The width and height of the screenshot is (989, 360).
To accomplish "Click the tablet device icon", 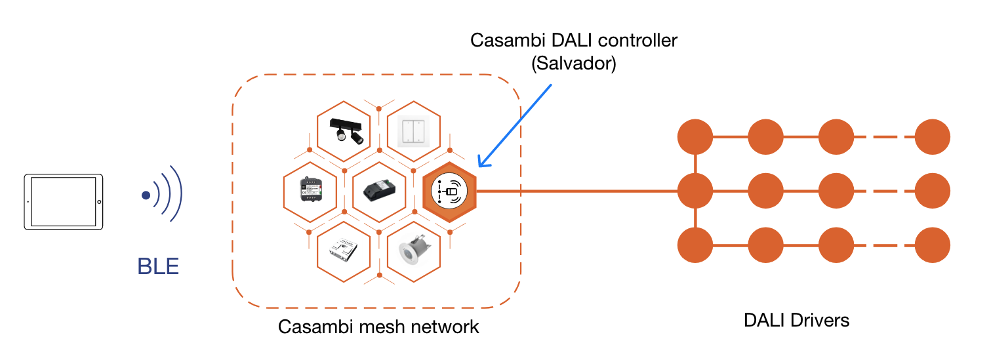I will [x=64, y=202].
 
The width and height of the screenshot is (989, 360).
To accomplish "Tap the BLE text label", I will [x=158, y=267].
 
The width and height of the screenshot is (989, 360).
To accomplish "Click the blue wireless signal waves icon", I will [x=162, y=195].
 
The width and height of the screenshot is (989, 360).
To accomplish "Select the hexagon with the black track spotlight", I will [x=344, y=131].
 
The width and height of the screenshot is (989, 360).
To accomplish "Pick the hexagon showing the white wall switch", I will [x=414, y=131].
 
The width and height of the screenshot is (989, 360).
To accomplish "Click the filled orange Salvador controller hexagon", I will [x=449, y=191].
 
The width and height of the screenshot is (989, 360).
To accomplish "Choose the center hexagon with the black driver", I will [x=379, y=191].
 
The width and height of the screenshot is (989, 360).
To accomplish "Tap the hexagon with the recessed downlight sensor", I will [x=414, y=252].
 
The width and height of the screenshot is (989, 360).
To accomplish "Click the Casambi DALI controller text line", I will [x=574, y=41].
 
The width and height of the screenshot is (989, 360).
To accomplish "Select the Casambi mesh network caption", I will [x=378, y=326].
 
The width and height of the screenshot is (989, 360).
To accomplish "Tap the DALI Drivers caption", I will [x=796, y=321].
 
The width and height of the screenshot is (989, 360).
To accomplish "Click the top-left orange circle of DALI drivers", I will [x=695, y=137].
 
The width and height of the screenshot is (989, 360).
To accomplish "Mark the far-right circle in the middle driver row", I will [x=932, y=191].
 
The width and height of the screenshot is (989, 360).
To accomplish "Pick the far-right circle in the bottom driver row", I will [x=932, y=245].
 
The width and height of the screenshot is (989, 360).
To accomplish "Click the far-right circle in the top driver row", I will [x=932, y=137].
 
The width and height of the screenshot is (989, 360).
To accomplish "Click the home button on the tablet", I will [x=99, y=202].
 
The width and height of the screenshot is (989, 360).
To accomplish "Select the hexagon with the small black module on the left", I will [x=310, y=191].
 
